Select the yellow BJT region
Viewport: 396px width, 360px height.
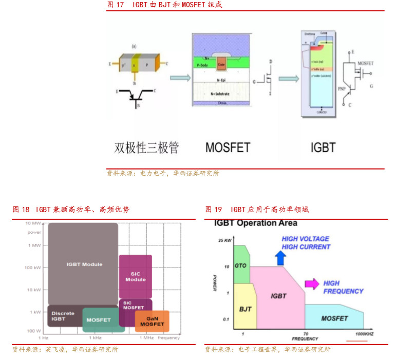pos(244,309)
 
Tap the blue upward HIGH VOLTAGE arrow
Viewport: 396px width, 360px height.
pos(280,257)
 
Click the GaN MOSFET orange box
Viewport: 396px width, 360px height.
pos(152,321)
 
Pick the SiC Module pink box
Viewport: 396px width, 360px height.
pos(136,276)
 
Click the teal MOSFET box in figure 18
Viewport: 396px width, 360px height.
pos(103,320)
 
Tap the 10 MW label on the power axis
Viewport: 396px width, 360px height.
pos(33,223)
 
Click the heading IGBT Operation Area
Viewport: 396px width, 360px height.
pos(255,223)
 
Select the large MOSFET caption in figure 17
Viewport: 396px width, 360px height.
pos(228,148)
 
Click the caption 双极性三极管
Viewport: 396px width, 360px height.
pos(146,148)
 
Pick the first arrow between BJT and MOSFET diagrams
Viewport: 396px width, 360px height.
pos(180,78)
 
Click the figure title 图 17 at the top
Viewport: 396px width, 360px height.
pos(116,5)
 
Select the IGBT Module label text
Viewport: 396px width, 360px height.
pos(84,264)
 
